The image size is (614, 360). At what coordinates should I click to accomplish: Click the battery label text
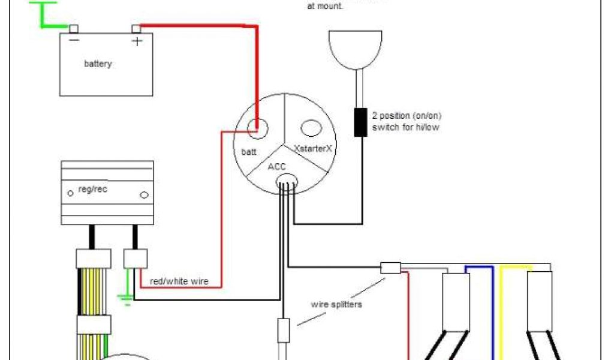tap(98, 64)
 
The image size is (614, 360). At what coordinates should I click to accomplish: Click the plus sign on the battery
tap(137, 41)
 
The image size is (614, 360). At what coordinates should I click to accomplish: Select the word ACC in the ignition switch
tap(276, 167)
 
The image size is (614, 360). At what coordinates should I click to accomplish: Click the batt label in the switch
tap(249, 152)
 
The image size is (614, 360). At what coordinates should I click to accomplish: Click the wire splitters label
tap(336, 304)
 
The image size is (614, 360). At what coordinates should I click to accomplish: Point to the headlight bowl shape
tap(356, 50)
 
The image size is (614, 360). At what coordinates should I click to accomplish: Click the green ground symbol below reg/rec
tap(127, 296)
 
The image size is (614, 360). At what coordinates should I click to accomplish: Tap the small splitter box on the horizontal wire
tap(390, 268)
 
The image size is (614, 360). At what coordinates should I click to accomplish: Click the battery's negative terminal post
tap(74, 29)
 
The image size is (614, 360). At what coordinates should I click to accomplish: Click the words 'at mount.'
tap(324, 7)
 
